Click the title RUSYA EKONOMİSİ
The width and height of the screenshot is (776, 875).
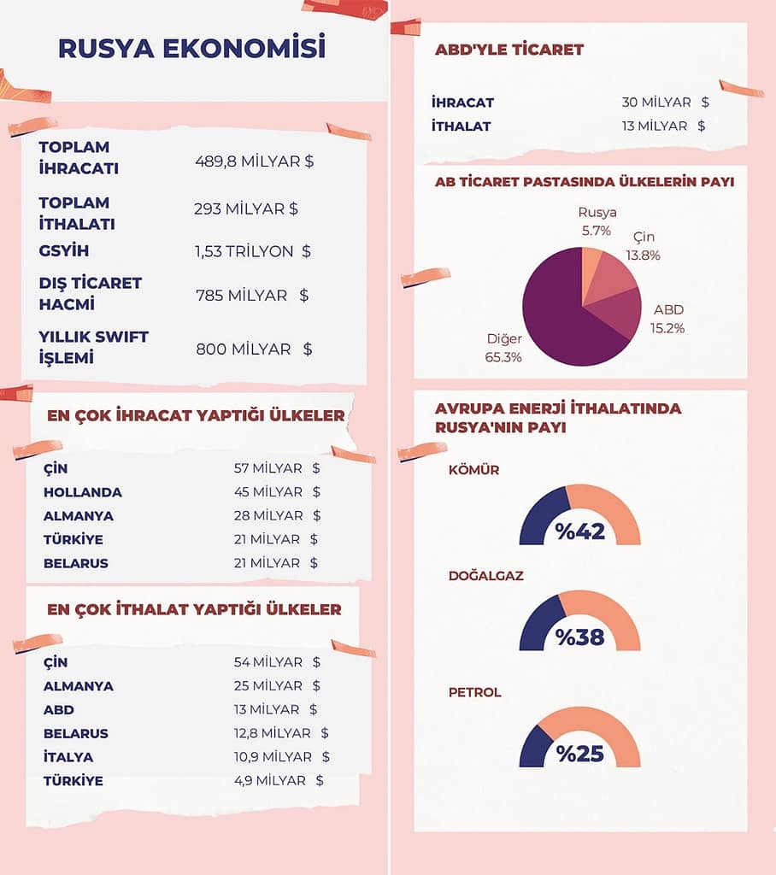[191, 48]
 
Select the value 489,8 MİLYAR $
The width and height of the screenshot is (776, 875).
[254, 161]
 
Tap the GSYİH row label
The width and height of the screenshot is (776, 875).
[63, 251]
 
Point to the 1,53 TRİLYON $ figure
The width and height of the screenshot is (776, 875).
[252, 251]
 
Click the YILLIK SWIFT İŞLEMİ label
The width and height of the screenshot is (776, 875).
[93, 347]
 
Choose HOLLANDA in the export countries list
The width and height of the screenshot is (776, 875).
[82, 492]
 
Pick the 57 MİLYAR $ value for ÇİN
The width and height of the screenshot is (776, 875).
[277, 468]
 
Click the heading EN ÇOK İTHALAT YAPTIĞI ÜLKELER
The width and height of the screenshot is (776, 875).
[194, 609]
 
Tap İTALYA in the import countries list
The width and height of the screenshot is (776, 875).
[68, 757]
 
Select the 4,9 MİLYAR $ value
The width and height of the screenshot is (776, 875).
[279, 780]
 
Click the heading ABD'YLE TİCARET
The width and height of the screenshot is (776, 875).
[509, 50]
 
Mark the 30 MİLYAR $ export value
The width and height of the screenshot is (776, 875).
[665, 103]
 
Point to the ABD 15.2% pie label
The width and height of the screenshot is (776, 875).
[668, 318]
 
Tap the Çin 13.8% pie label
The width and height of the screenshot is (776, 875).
[646, 245]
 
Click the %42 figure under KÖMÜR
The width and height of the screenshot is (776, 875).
[580, 531]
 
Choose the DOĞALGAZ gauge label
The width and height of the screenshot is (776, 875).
[486, 576]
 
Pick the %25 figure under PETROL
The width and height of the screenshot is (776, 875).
[580, 754]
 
